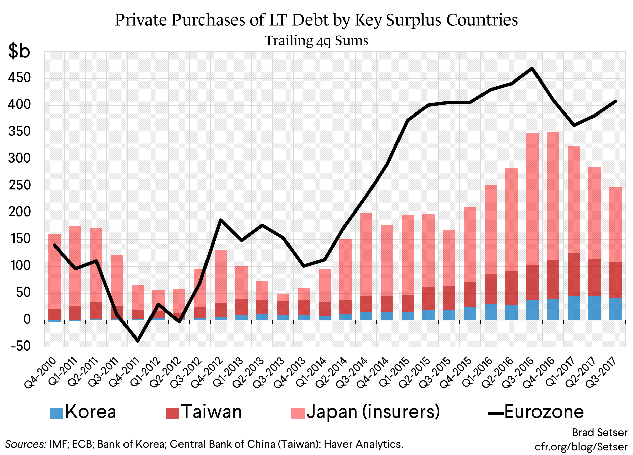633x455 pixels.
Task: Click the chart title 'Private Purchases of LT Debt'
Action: [x=316, y=20]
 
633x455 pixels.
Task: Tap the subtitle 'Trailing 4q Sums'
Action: [x=316, y=41]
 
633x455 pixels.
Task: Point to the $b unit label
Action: [x=19, y=51]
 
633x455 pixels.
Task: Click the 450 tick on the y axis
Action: [x=20, y=78]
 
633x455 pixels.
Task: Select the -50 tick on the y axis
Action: [x=21, y=346]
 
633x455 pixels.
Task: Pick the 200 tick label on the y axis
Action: [x=20, y=212]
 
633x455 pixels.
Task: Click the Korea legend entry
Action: [x=83, y=412]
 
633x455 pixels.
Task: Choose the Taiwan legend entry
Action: [x=204, y=412]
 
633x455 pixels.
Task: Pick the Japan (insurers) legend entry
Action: [x=365, y=412]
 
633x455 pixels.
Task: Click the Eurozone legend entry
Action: [x=536, y=412]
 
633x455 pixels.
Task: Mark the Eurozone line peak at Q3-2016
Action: [x=532, y=68]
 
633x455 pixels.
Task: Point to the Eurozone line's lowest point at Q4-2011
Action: [x=138, y=341]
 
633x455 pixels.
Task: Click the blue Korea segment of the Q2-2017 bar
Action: [x=594, y=307]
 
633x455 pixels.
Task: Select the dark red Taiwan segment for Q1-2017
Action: [x=574, y=274]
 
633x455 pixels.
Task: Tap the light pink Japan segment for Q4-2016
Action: [x=553, y=195]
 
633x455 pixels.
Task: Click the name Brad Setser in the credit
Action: [x=599, y=432]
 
